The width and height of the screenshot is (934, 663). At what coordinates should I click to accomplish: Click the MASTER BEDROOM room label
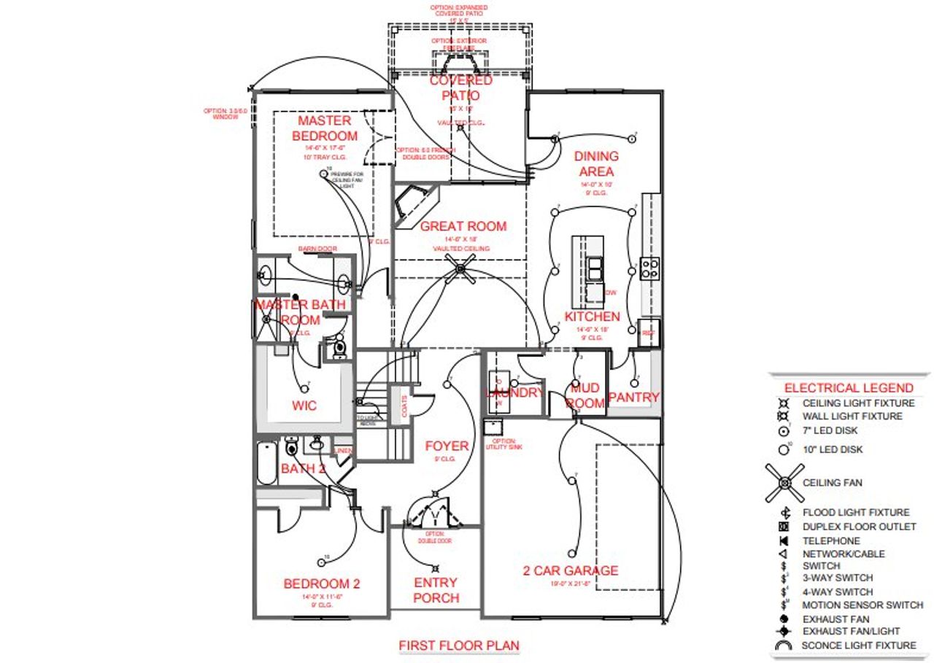point(325,128)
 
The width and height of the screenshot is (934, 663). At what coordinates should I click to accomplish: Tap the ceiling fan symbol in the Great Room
point(460,268)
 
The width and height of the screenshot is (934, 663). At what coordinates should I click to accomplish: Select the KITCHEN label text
point(592,317)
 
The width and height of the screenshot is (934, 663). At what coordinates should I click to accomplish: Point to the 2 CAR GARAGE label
point(570,570)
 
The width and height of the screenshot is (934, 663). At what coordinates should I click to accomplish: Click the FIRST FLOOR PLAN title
point(459,645)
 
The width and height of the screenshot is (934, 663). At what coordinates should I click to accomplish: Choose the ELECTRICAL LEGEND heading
point(848,388)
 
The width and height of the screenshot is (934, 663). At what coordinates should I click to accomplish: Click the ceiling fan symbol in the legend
point(784,482)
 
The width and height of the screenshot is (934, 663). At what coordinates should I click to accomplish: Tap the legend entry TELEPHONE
point(831,541)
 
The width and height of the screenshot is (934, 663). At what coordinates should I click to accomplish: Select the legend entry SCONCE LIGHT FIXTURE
point(859,645)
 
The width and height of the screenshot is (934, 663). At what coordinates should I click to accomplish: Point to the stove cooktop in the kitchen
point(649,269)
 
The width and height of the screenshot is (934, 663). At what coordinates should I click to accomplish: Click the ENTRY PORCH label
point(436,590)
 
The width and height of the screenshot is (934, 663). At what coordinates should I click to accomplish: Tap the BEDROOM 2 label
point(322,583)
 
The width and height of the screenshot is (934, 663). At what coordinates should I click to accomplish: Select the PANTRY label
point(633,398)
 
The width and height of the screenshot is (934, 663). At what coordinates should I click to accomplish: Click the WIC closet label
point(304,406)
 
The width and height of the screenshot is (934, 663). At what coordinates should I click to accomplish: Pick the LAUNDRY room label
point(514,393)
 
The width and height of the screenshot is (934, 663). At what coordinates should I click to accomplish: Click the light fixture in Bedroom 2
point(321,562)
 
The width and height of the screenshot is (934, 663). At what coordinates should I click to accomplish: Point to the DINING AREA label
point(596,163)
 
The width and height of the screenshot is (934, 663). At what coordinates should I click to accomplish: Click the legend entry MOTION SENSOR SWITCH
point(862,605)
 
